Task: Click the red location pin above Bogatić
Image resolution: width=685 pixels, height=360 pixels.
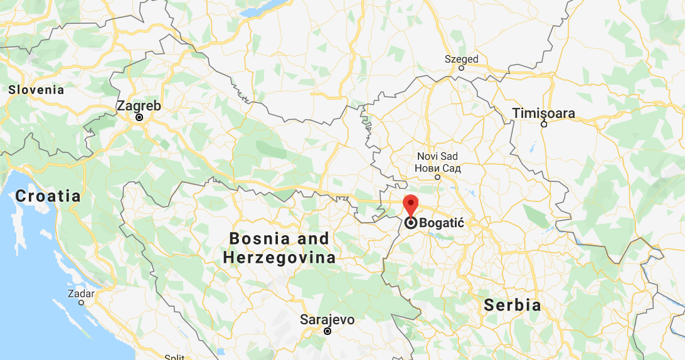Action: [x=410, y=205]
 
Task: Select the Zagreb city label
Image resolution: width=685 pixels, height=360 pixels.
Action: [x=139, y=106]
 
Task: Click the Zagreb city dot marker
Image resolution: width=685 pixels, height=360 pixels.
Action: [x=139, y=117]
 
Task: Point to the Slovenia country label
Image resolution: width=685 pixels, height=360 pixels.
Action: [x=36, y=90]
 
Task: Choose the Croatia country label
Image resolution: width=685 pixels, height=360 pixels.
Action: [x=48, y=196]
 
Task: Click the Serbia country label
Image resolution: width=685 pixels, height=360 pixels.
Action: [x=512, y=305]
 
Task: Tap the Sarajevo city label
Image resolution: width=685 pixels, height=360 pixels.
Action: [x=327, y=320]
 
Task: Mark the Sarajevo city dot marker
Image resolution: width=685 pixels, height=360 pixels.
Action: [x=327, y=331]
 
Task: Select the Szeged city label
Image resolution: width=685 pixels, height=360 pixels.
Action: [x=461, y=60]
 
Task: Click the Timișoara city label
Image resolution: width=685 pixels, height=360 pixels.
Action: [x=543, y=114]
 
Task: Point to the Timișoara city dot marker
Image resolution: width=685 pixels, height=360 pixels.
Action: [x=544, y=124]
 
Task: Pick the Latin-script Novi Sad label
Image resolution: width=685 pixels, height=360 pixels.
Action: [x=437, y=156]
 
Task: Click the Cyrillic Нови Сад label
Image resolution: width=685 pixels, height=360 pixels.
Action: [x=437, y=168]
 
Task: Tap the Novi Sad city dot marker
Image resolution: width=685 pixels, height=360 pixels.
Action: [x=438, y=177]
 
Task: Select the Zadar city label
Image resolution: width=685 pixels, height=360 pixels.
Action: [x=82, y=294]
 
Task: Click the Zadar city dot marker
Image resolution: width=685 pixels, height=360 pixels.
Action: [x=81, y=302]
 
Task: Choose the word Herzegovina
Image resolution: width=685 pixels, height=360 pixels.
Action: [x=279, y=258]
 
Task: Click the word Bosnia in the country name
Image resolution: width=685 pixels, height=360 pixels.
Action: [x=260, y=239]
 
